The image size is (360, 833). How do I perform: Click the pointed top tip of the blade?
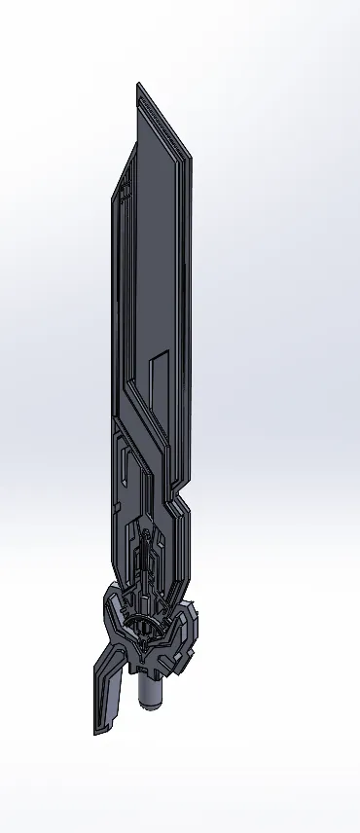pos(139,85)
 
